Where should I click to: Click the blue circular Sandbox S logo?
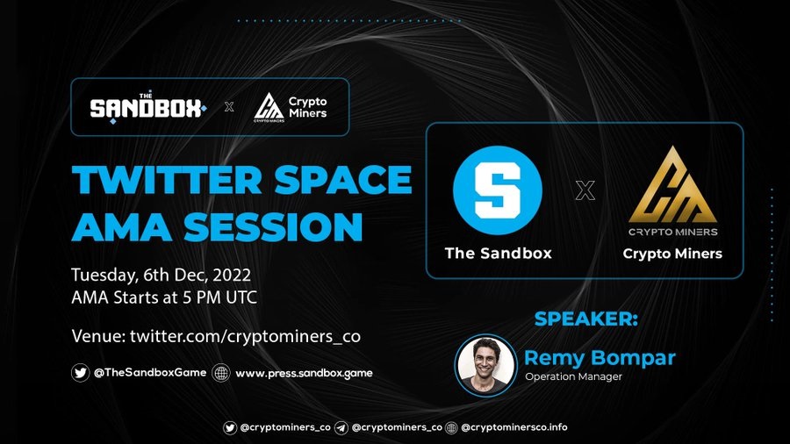click(x=498, y=190)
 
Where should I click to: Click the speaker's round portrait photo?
click(x=485, y=365)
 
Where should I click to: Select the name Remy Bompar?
click(x=600, y=358)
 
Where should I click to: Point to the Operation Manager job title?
click(x=573, y=376)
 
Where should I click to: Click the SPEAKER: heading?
click(x=586, y=319)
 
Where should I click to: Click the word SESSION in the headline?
click(x=273, y=226)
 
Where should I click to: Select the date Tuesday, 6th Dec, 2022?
click(x=162, y=275)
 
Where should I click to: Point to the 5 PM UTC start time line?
click(x=164, y=297)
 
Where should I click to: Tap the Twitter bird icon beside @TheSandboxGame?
click(x=80, y=373)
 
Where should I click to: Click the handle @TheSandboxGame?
click(x=150, y=373)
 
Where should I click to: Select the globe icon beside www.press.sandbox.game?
click(x=220, y=373)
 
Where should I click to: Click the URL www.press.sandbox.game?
click(x=304, y=373)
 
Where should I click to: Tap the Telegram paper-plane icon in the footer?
click(x=341, y=428)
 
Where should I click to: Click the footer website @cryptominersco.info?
click(x=513, y=427)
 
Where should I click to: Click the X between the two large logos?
click(x=585, y=190)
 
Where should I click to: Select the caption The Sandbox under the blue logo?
click(x=499, y=253)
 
